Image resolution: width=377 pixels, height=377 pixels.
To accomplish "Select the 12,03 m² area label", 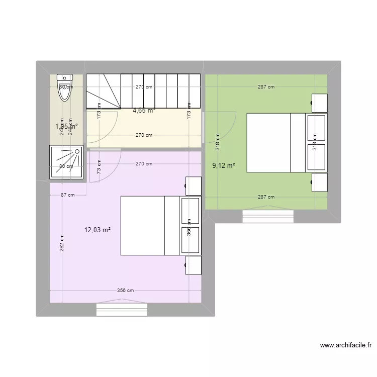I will point(98,230).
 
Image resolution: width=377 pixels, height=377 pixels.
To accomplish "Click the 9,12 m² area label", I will point(224,165).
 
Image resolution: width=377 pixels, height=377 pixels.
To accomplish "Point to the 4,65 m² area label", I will point(144,111).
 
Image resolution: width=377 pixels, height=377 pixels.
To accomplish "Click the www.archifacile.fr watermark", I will point(345,345).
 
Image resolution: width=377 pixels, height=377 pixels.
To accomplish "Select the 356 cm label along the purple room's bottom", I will point(125,291).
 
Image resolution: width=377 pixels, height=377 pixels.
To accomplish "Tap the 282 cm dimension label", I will point(62,244).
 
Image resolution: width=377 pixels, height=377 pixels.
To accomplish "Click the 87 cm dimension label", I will point(67,196).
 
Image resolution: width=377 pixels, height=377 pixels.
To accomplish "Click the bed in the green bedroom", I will point(275,143).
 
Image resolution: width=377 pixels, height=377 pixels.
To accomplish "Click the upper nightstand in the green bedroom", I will point(319,103).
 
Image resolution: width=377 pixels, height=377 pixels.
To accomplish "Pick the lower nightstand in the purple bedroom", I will point(194,265).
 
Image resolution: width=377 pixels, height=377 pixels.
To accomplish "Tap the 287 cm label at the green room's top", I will point(266,87).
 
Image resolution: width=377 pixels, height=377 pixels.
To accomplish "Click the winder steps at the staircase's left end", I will point(103,91).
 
